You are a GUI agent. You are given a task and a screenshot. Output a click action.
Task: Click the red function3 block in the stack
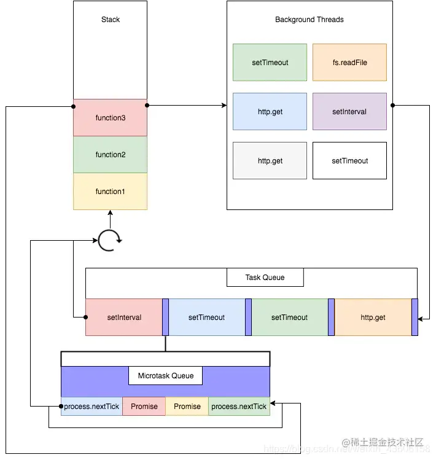(x=110, y=118)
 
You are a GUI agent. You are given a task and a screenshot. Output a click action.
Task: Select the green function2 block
(x=110, y=155)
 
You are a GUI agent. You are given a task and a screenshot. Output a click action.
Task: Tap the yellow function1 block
(x=110, y=192)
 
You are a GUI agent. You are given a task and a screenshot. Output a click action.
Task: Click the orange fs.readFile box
(x=349, y=63)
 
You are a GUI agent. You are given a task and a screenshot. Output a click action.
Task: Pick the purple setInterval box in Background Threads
(x=349, y=112)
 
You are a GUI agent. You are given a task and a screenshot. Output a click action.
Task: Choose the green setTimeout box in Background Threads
(x=270, y=63)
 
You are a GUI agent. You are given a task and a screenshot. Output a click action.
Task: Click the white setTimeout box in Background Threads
(x=349, y=161)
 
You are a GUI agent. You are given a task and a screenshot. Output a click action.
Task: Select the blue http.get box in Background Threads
(x=270, y=112)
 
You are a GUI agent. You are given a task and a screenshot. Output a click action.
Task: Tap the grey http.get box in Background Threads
(x=270, y=161)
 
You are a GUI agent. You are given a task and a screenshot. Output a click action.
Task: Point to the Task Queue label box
(x=265, y=278)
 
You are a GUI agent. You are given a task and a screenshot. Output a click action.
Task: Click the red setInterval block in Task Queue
(x=124, y=318)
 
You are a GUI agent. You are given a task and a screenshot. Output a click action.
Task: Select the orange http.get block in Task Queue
(x=373, y=318)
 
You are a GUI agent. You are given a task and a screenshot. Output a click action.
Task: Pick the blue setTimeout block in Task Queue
(x=206, y=318)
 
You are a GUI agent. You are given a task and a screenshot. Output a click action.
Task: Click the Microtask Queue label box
(x=165, y=376)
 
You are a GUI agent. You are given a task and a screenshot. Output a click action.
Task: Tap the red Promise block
(x=144, y=407)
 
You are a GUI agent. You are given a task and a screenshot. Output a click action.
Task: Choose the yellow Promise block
(x=187, y=407)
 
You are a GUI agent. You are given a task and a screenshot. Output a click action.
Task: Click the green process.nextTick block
(x=239, y=407)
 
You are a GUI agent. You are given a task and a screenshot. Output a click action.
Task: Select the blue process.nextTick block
(x=91, y=407)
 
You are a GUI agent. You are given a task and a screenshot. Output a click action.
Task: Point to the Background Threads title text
(x=309, y=20)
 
